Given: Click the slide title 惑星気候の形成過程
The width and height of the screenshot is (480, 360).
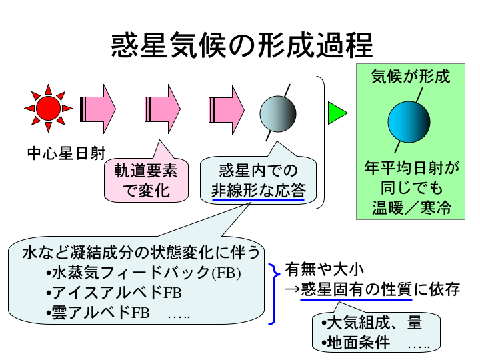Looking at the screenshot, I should tap(241, 46).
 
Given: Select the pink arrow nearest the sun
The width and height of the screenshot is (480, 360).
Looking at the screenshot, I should tap(98, 107).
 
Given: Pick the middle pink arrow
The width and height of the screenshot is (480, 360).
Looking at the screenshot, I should tap(163, 107).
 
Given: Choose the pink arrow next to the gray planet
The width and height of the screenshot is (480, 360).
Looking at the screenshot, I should tap(227, 107).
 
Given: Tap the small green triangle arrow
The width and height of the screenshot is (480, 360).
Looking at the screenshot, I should tap(337, 113).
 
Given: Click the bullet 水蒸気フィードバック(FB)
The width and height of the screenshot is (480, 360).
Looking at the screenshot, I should tap(143, 274).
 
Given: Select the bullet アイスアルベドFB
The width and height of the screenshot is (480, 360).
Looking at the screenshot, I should tap(113, 293).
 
